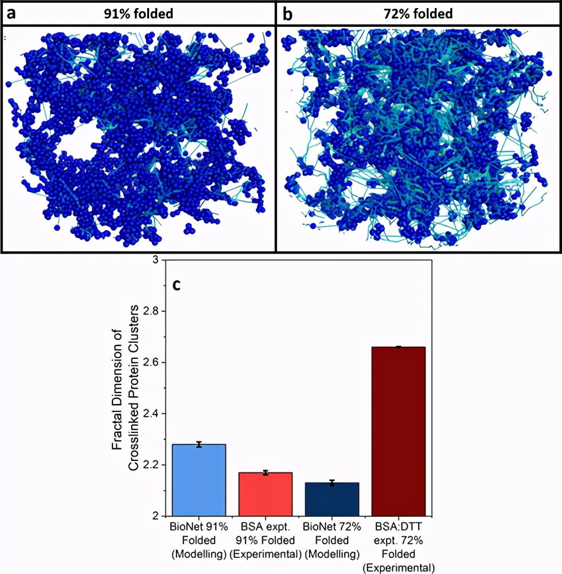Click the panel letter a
tap(11, 13)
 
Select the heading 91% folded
tap(139, 13)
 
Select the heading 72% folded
tap(417, 13)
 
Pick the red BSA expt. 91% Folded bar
tap(266, 494)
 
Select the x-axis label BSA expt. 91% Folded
tap(266, 540)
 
